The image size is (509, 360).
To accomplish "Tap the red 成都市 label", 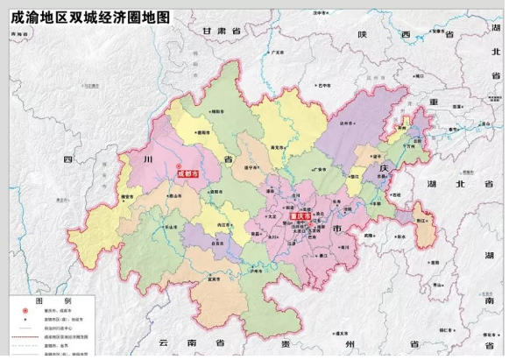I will point(187,174).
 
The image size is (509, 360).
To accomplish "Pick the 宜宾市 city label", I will point(211,279).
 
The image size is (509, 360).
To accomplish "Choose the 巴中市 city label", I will point(325,86).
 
